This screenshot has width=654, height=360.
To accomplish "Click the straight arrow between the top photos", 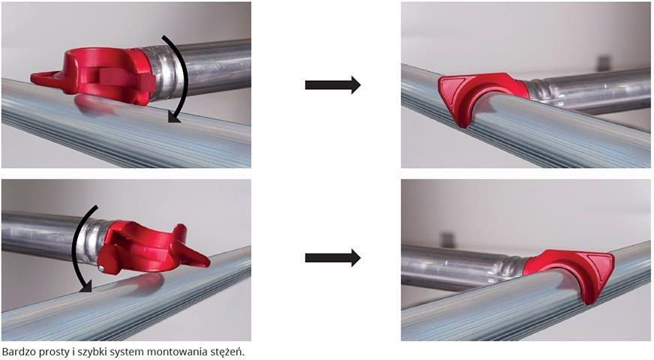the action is (333, 85).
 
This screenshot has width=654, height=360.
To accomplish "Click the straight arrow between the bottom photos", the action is (333, 258).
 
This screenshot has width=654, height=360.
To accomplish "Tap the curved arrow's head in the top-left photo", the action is (174, 118).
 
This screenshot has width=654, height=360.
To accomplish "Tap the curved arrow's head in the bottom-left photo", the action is (85, 286).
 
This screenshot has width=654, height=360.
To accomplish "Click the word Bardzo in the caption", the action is (17, 352).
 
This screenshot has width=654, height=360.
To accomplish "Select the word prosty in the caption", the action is (49, 352).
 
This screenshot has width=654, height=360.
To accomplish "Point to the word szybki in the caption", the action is (85, 352).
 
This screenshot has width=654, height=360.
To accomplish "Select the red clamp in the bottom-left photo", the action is (154, 250).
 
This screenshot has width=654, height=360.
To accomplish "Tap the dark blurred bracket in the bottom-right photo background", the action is (447, 239).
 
